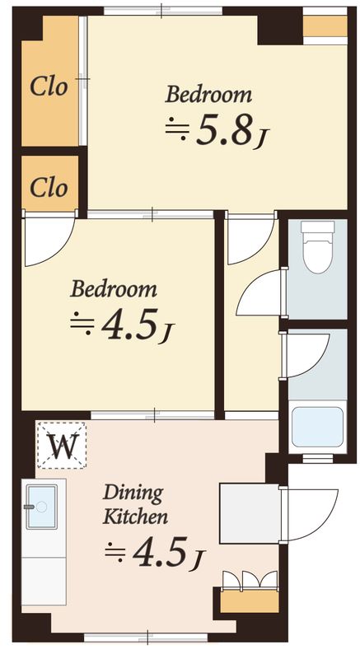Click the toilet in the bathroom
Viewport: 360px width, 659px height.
(318, 246)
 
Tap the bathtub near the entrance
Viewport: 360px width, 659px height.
(317, 427)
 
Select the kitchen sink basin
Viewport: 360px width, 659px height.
(41, 507)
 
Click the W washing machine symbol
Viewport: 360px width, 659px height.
(62, 446)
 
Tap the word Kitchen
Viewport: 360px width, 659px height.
(135, 516)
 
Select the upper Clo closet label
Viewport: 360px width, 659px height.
(49, 87)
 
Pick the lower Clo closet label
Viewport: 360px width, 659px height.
(49, 188)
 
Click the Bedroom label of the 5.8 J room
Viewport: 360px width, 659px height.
(208, 94)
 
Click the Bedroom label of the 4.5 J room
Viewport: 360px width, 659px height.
(114, 290)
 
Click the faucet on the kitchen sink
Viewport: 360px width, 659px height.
(30, 507)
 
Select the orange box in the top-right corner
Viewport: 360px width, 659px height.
(325, 26)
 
